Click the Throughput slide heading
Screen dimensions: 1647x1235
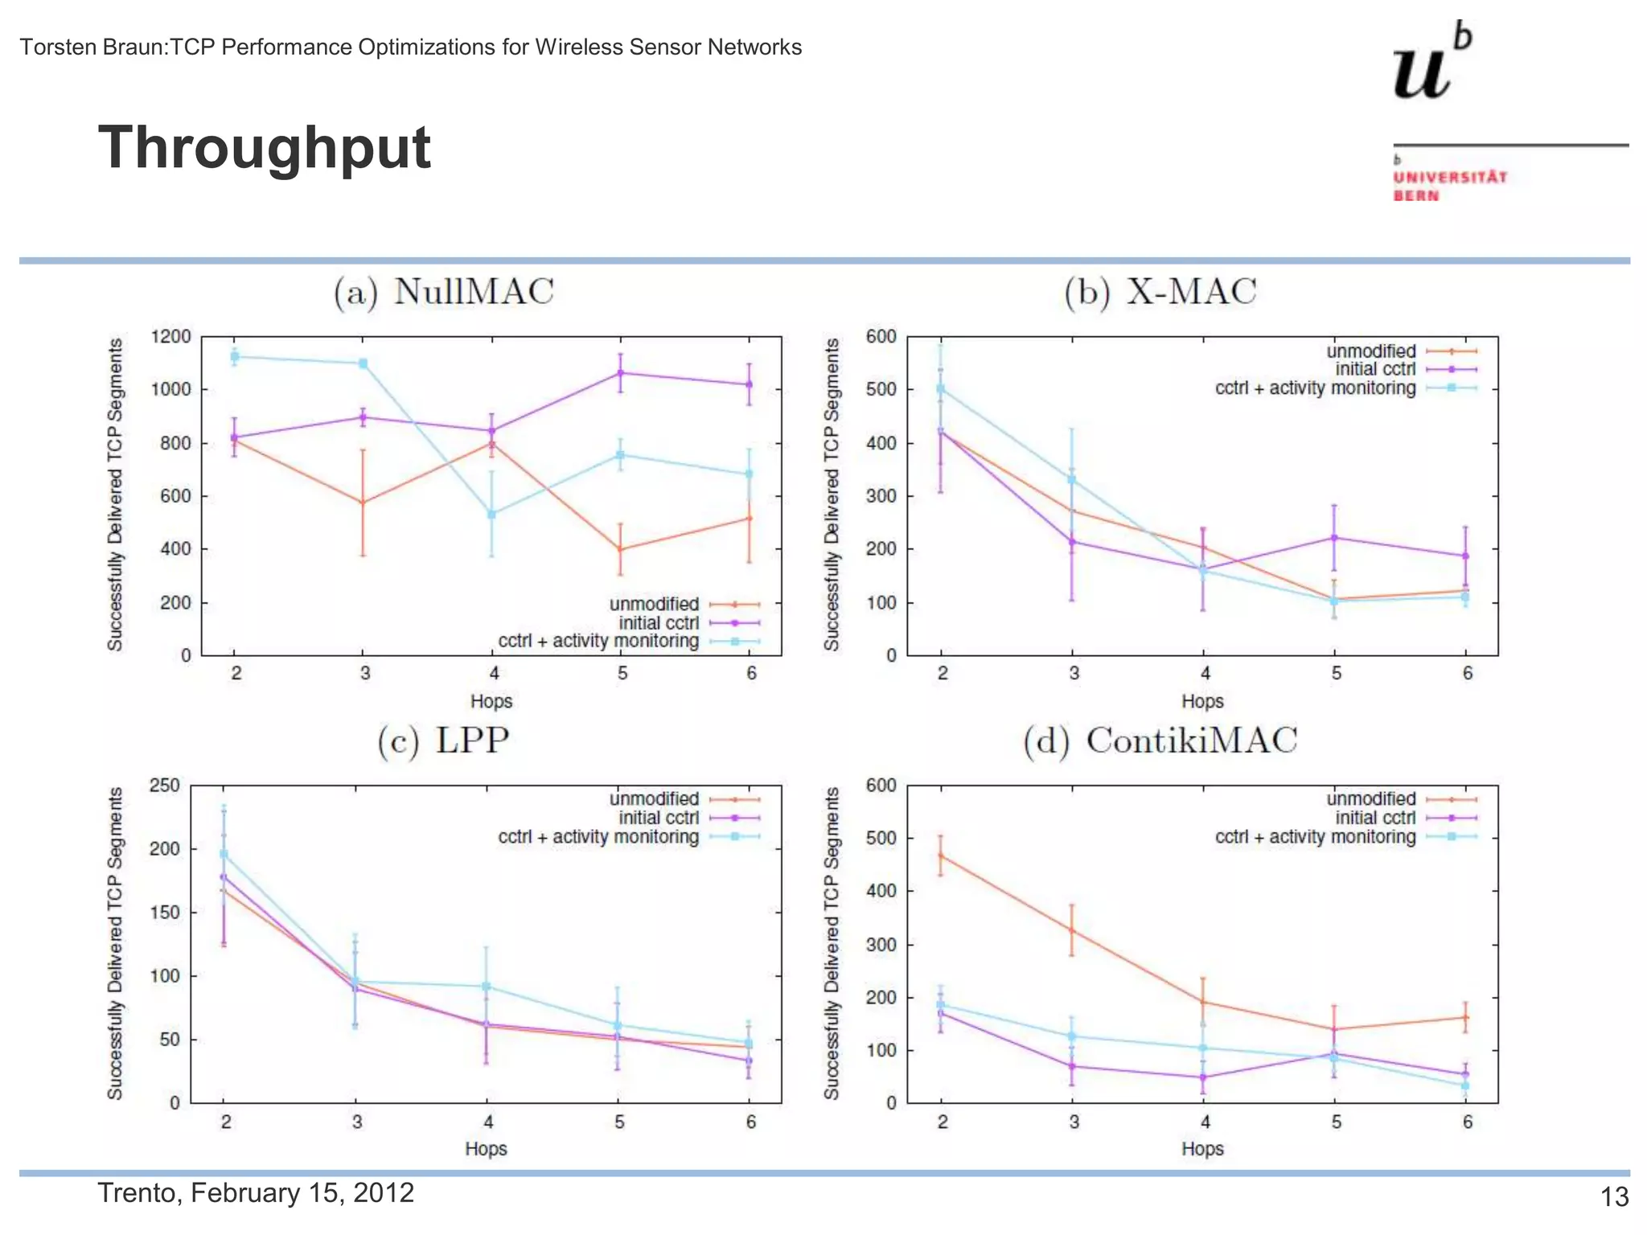265,148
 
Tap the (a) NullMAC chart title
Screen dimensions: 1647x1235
444,292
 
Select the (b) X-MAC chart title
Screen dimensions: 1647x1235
1160,292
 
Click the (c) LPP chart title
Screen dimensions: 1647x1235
443,741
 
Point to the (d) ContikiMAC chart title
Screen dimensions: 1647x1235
1160,741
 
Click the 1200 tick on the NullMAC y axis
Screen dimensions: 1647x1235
170,336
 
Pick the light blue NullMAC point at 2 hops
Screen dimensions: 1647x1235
235,356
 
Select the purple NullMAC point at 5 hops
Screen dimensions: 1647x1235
621,373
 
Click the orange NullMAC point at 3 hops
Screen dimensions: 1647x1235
363,503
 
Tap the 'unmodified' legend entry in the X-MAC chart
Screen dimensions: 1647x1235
1370,351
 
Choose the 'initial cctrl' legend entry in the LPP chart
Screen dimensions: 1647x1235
658,818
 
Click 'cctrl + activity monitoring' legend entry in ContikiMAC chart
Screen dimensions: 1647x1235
1315,837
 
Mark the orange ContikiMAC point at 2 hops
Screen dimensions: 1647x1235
941,855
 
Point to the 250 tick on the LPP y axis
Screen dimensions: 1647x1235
165,785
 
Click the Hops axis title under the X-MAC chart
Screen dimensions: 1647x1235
1202,701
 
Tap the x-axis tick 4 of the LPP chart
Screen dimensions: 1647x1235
488,1122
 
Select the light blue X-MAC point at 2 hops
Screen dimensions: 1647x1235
941,388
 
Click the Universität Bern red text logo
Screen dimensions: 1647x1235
1449,186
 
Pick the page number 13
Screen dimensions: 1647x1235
1614,1197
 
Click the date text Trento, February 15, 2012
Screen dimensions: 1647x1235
256,1192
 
